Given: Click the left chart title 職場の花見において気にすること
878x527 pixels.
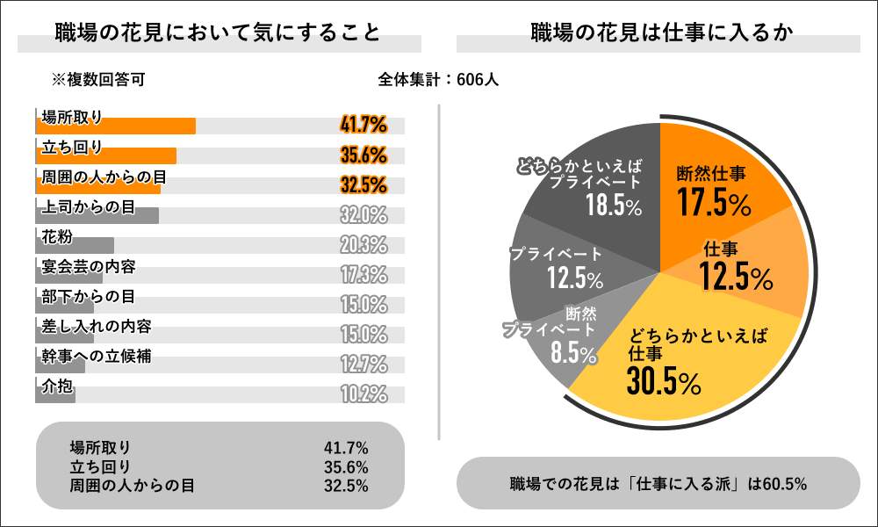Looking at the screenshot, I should click(218, 33).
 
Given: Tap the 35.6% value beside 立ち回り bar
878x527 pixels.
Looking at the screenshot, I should click(363, 155).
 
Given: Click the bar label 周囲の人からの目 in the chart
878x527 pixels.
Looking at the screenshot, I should click(104, 177).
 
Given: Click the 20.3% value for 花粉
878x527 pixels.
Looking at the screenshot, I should click(363, 245).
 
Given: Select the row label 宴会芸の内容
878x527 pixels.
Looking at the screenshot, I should click(89, 266).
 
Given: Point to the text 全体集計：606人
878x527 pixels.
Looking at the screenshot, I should click(439, 80).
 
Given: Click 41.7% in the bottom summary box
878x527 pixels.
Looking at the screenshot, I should click(346, 449).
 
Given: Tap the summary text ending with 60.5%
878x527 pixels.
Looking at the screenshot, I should click(658, 483).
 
